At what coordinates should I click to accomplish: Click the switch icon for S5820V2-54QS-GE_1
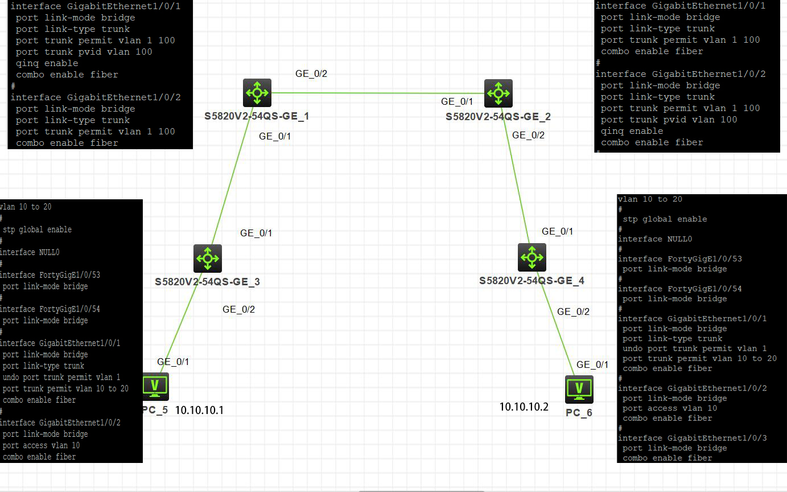pyautogui.click(x=257, y=92)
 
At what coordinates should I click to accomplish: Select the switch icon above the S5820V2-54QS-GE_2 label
pyautogui.click(x=498, y=93)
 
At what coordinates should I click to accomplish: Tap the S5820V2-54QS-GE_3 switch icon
pyautogui.click(x=207, y=259)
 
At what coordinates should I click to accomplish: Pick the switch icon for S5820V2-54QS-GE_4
pyautogui.click(x=531, y=257)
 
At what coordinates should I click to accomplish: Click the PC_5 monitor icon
pyautogui.click(x=155, y=387)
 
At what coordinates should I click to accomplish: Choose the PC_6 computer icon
pyautogui.click(x=579, y=389)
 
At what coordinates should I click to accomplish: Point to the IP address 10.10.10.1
pyautogui.click(x=199, y=410)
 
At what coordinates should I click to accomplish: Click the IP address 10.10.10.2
pyautogui.click(x=524, y=407)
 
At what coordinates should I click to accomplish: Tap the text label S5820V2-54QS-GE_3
pyautogui.click(x=207, y=281)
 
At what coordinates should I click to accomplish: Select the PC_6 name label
pyautogui.click(x=579, y=412)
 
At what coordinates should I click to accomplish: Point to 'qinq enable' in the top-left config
pyautogui.click(x=47, y=63)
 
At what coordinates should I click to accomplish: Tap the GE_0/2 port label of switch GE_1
pyautogui.click(x=311, y=73)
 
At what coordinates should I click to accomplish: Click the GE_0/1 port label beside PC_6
pyautogui.click(x=592, y=364)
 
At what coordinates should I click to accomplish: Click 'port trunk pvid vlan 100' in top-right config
pyautogui.click(x=669, y=120)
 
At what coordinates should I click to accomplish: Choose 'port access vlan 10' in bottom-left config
pyautogui.click(x=41, y=445)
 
